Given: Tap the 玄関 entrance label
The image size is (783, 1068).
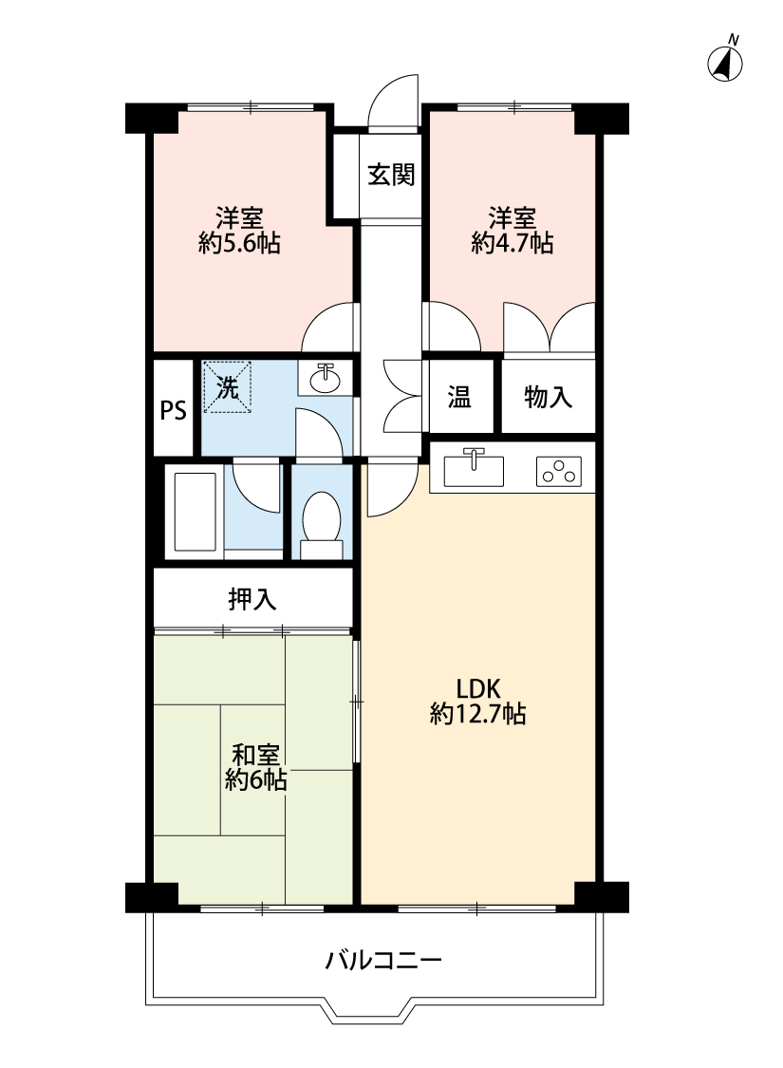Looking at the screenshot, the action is coord(391,175).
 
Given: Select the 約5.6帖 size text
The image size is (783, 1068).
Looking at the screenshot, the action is coord(240,243).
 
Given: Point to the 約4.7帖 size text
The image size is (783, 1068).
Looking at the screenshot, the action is coord(512,243).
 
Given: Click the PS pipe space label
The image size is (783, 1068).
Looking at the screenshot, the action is coord(173,410).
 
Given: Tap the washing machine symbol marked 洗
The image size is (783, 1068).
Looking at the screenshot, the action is coord(228,387).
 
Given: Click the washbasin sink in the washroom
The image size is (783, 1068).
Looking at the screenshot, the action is coord(326,379).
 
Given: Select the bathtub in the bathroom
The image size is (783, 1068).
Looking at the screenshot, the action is coord(196,511).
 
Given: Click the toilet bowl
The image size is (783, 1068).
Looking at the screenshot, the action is coord(322,517).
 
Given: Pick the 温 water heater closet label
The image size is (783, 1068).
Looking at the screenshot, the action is coord(459,397).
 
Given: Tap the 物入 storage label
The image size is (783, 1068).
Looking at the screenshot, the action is coord(549,397).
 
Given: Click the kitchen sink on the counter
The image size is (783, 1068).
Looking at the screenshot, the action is coord(474,469).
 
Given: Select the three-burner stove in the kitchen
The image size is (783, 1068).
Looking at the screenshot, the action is coord(558,471).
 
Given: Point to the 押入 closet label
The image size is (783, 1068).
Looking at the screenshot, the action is coord(252,599).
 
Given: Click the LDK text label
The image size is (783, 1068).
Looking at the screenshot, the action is coord(478,689).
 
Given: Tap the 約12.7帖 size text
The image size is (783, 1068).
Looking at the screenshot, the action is coord(478,714).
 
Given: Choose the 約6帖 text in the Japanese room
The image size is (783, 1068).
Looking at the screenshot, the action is coord(256,780).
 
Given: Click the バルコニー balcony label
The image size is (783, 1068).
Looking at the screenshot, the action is coord(383,961).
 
